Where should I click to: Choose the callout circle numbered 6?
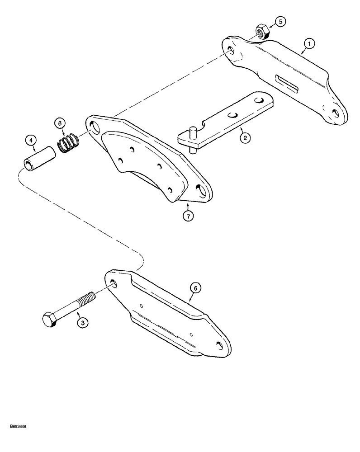[195, 287]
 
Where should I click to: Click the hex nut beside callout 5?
[262, 32]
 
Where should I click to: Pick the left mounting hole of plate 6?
[113, 283]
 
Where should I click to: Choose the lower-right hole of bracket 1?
[335, 113]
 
